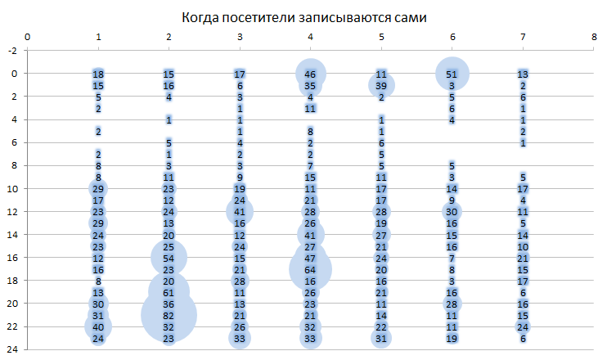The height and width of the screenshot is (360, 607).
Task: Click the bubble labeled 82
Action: pyautogui.click(x=169, y=315)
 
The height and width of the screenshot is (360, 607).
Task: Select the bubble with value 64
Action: pyautogui.click(x=310, y=269)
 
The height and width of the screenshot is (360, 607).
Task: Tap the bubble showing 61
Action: pyautogui.click(x=169, y=292)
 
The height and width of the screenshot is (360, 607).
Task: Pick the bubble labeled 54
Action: pyautogui.click(x=169, y=258)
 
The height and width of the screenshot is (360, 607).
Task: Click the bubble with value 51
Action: pyautogui.click(x=452, y=74)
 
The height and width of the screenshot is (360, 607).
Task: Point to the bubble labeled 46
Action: pyautogui.click(x=310, y=74)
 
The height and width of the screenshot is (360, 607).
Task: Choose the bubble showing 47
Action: pyautogui.click(x=310, y=258)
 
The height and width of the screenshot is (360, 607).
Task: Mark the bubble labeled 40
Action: pyautogui.click(x=98, y=326)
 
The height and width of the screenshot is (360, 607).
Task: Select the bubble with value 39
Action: pyautogui.click(x=381, y=85)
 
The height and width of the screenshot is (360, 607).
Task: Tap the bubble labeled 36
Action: pyautogui.click(x=169, y=304)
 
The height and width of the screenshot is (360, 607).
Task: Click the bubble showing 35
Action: pyautogui.click(x=310, y=85)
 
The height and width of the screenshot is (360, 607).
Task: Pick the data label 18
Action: pyautogui.click(x=98, y=74)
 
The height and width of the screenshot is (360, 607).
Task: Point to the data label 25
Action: pyautogui.click(x=169, y=246)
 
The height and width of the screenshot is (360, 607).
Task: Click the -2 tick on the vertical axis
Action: pyautogui.click(x=12, y=51)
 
